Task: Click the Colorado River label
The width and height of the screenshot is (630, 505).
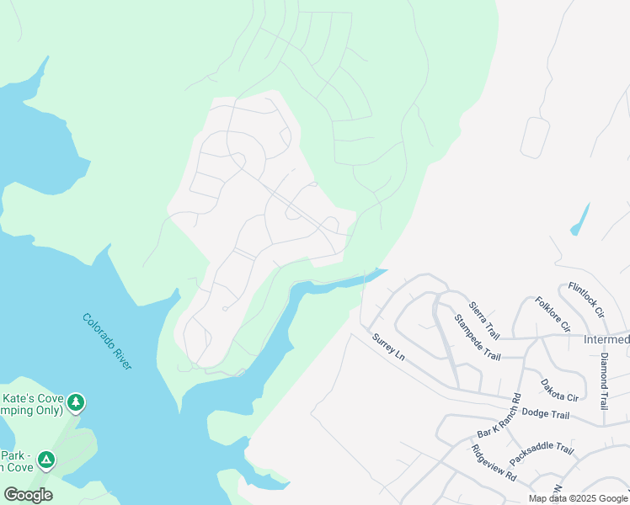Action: click(107, 341)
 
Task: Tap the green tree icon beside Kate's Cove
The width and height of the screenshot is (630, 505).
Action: click(77, 403)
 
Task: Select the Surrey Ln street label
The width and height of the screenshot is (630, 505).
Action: click(389, 346)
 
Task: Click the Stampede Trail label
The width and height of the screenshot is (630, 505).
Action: click(477, 337)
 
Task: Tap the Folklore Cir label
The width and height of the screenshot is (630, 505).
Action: click(553, 314)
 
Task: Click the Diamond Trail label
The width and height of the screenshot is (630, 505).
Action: click(605, 381)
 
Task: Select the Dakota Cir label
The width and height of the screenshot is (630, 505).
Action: click(560, 389)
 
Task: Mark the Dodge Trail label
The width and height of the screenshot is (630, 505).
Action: click(546, 413)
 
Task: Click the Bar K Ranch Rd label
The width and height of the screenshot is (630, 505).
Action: click(499, 417)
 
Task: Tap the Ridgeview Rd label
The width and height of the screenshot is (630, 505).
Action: click(494, 461)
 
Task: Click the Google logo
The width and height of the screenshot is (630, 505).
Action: click(28, 495)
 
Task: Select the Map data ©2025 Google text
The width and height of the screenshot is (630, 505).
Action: click(577, 498)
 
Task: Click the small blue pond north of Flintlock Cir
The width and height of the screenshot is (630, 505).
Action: click(579, 220)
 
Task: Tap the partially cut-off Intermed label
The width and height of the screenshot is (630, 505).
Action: click(606, 340)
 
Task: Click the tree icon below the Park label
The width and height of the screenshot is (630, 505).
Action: click(47, 460)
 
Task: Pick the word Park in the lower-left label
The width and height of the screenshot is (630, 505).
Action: click(15, 452)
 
